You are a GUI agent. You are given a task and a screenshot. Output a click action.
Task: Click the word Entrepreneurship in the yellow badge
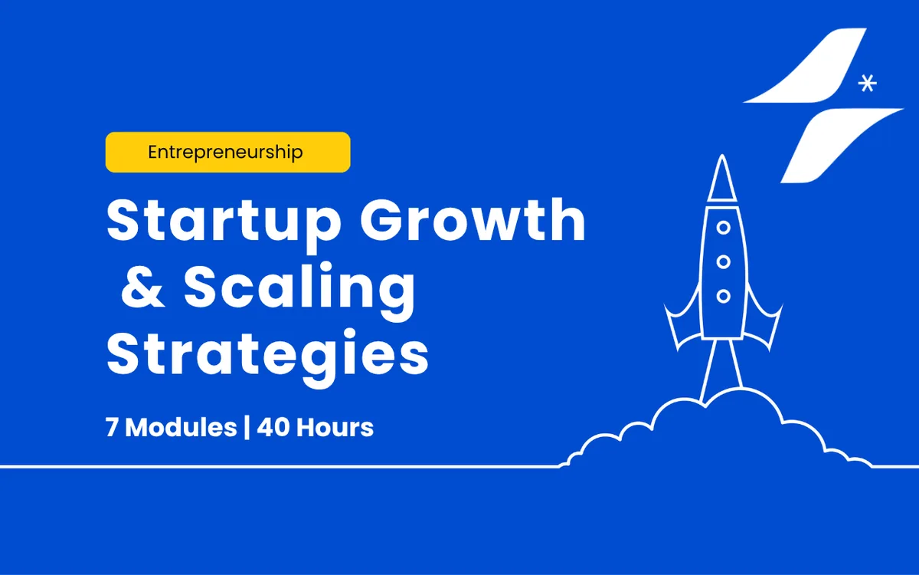point(225,153)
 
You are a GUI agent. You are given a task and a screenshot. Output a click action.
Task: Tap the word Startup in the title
point(224,224)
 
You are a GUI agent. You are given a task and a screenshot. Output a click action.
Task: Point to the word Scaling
point(299,291)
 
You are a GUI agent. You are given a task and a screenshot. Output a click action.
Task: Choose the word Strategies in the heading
point(267,356)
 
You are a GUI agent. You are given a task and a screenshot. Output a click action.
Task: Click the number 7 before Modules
point(112,428)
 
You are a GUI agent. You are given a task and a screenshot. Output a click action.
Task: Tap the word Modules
point(181,428)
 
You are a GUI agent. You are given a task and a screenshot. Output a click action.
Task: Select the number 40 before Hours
point(273,428)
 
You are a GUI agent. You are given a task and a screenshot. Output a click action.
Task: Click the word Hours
point(335,428)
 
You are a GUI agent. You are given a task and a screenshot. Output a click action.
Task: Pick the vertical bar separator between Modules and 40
point(247,428)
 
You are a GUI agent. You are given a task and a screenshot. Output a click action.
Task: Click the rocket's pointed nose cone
point(722,178)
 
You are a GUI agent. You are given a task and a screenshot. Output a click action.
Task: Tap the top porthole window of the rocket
point(723,228)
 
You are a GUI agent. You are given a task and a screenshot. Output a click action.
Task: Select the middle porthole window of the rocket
point(723,261)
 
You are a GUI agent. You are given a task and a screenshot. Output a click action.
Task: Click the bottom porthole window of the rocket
point(723,296)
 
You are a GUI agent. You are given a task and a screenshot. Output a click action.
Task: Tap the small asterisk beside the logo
point(867,84)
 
